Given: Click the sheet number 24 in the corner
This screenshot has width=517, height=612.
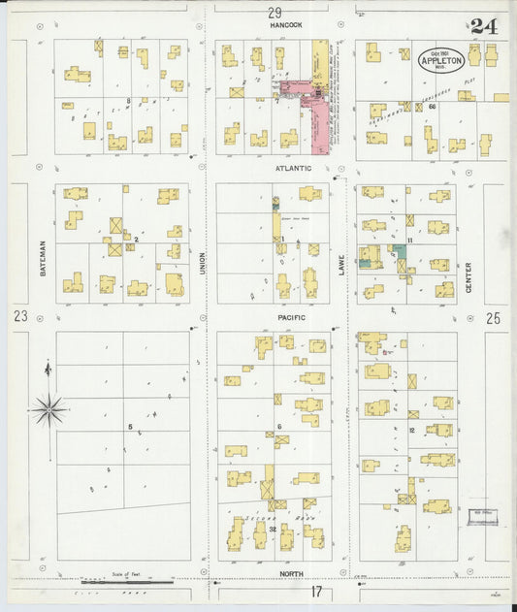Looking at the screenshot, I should click(483, 26).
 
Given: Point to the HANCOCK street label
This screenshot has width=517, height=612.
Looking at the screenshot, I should click(287, 24).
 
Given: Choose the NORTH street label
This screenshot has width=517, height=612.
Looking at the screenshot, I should click(291, 574).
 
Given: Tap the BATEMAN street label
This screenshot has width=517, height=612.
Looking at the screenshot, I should click(44, 258).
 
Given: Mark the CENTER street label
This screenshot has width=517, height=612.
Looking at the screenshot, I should click(468, 276).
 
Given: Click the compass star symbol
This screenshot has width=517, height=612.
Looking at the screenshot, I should click(48, 409).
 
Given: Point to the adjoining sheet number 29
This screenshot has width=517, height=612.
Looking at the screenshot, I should click(275, 12).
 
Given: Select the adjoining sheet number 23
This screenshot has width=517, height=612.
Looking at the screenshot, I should click(20, 316).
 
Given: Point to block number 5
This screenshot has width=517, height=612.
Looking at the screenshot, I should click(129, 426).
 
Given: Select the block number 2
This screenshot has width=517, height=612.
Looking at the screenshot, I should click(137, 238).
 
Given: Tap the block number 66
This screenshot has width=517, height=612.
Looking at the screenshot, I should click(430, 106).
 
